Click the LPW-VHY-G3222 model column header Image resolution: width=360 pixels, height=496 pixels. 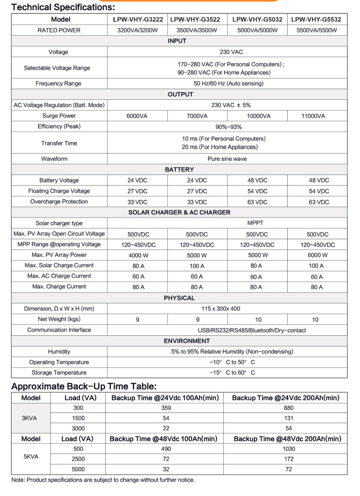[x=137, y=20]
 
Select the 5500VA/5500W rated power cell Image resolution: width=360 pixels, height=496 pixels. [x=317, y=30]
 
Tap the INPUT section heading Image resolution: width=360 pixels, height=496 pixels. [x=177, y=41]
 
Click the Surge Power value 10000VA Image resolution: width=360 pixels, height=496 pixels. [x=257, y=116]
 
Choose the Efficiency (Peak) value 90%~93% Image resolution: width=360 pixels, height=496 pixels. [x=227, y=127]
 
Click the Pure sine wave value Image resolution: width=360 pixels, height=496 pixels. [x=227, y=159]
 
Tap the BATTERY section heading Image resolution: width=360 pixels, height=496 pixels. [x=179, y=170]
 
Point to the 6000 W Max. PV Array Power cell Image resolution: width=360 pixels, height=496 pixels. [x=317, y=255]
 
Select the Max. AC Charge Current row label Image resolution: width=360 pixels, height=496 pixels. [x=59, y=276]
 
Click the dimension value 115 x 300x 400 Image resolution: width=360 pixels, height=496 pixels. [x=227, y=308]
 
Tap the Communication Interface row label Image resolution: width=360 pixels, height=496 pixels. [x=59, y=330]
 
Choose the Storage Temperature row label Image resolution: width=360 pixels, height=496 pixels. [x=59, y=372]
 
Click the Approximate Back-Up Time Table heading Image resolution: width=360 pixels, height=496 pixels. [x=83, y=386]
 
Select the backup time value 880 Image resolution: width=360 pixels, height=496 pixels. [x=288, y=408]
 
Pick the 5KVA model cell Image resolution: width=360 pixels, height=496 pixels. [x=30, y=457]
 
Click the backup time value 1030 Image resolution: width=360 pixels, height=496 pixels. [x=288, y=449]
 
